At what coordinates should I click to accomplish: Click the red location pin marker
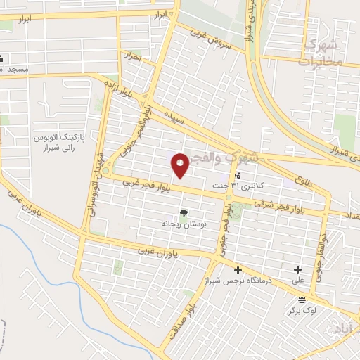click(x=179, y=165)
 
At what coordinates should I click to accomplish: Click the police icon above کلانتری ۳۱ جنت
click(x=238, y=176)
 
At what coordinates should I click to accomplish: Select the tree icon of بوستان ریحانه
click(x=184, y=213)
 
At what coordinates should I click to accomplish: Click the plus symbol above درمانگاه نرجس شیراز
click(x=238, y=270)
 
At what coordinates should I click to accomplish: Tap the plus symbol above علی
click(x=297, y=269)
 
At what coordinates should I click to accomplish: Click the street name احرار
click(x=132, y=55)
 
